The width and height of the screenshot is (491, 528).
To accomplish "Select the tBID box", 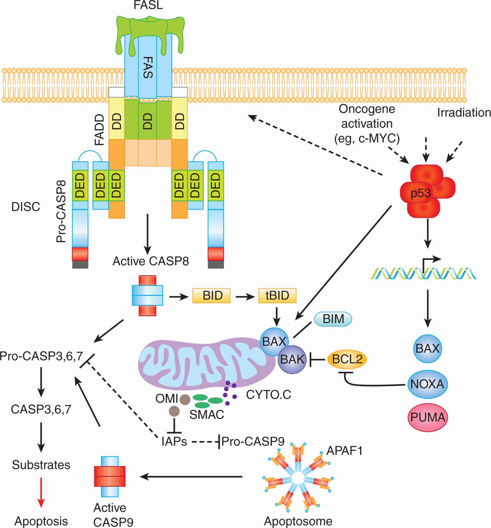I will (x=277, y=296).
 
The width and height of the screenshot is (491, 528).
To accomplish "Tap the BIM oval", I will (x=333, y=319).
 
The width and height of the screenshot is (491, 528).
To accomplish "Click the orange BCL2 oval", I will (x=347, y=359).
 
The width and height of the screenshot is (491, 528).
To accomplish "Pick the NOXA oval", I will (x=427, y=384).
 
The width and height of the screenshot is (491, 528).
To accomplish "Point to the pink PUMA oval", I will (x=428, y=417).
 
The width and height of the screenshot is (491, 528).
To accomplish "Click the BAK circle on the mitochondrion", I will (x=292, y=359).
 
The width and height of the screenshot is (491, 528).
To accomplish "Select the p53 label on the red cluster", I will (x=421, y=193).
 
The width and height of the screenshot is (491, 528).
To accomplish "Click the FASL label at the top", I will (x=148, y=5).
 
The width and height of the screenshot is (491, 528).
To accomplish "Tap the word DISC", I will (x=26, y=207).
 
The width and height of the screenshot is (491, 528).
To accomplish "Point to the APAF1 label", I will (x=344, y=450).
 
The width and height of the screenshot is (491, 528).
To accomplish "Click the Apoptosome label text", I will (x=298, y=521).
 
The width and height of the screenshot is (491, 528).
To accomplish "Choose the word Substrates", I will (x=41, y=465).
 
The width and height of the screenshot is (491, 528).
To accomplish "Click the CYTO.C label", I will (x=269, y=395).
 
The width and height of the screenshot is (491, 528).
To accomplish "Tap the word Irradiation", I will (x=464, y=112).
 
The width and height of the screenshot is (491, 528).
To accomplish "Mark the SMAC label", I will (x=207, y=415).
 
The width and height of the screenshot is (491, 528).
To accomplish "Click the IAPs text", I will (x=174, y=441).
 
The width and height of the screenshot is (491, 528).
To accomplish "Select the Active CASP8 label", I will (x=151, y=261).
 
